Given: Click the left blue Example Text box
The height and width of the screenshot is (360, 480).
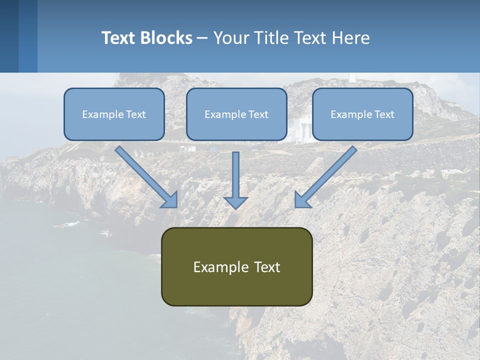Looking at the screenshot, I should [x=114, y=114].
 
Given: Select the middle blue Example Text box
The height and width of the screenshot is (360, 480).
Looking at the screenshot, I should [x=236, y=114].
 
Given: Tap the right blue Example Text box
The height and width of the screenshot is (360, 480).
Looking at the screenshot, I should [x=362, y=114].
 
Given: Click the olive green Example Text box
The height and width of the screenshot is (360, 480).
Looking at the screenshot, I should [x=236, y=266].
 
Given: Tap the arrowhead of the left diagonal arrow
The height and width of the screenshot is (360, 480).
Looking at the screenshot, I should [x=170, y=200].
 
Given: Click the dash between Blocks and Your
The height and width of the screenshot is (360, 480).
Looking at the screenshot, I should [x=202, y=38].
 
